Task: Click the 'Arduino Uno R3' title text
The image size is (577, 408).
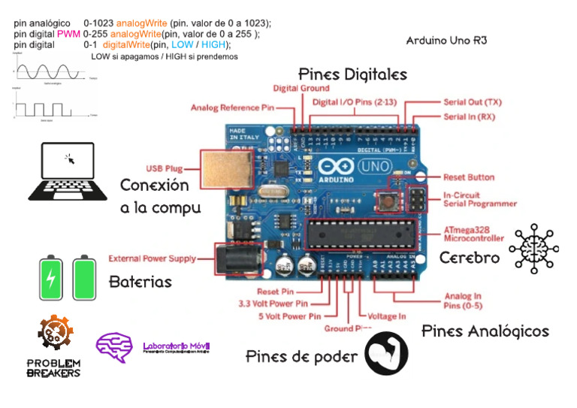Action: (x=446, y=41)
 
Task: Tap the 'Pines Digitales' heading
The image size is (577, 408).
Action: (x=352, y=74)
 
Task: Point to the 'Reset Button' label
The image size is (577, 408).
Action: (x=468, y=177)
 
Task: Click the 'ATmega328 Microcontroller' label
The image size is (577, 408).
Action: (x=473, y=233)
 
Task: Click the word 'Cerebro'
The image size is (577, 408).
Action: (x=470, y=258)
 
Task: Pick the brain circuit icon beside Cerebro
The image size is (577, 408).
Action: (x=534, y=248)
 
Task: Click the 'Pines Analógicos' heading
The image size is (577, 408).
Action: (x=485, y=331)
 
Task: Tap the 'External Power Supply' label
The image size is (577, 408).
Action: (x=153, y=258)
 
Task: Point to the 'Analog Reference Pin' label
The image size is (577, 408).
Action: (x=232, y=107)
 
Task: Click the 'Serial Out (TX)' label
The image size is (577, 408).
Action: (x=473, y=101)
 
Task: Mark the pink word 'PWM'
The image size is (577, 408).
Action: (x=68, y=34)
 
